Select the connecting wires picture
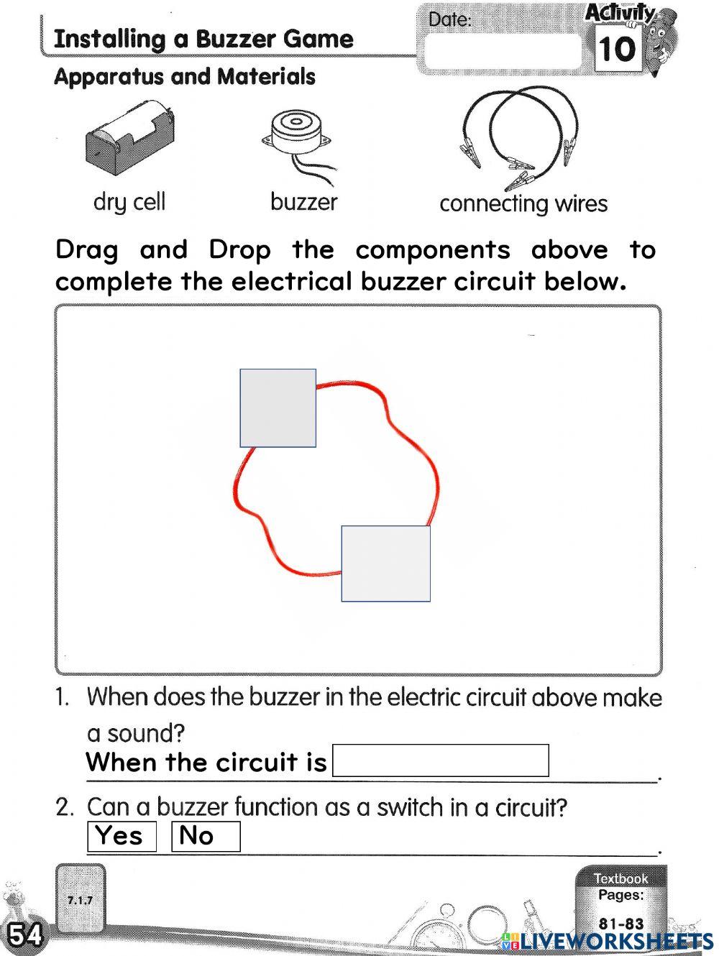tap(519, 137)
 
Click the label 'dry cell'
tap(129, 202)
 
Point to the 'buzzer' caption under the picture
tap(303, 202)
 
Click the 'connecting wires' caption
tap(523, 204)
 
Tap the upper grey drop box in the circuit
tap(278, 408)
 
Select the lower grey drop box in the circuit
tap(385, 564)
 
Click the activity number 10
tap(617, 50)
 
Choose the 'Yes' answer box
tap(121, 836)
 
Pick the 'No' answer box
tap(205, 836)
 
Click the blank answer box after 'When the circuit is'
tap(440, 760)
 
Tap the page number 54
tap(25, 934)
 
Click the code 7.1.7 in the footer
tap(80, 900)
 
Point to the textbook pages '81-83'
tap(621, 924)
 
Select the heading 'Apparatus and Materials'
tap(185, 77)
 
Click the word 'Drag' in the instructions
tap(87, 250)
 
